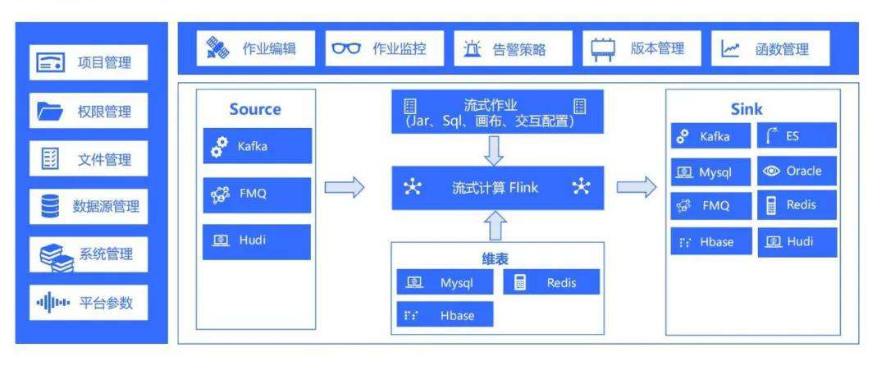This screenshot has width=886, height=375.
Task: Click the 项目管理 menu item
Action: pyautogui.click(x=89, y=63)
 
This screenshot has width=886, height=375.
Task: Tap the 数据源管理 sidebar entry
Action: pyautogui.click(x=89, y=206)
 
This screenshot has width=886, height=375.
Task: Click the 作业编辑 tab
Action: pyautogui.click(x=250, y=48)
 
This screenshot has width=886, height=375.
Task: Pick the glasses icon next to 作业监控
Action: pyautogui.click(x=346, y=49)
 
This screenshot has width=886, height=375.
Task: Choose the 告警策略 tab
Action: pyautogui.click(x=503, y=49)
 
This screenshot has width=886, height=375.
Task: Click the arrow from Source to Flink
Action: pyautogui.click(x=344, y=188)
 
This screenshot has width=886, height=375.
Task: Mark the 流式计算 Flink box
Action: pyautogui.click(x=497, y=188)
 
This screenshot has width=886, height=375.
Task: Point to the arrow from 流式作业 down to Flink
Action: pyautogui.click(x=496, y=150)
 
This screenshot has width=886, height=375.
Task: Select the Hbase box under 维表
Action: pyautogui.click(x=445, y=315)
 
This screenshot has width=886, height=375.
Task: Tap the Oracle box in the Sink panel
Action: pyautogui.click(x=797, y=171)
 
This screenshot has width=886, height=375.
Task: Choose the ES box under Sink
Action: pyautogui.click(x=797, y=136)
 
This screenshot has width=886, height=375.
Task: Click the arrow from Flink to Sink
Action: pyautogui.click(x=637, y=188)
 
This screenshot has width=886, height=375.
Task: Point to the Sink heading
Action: pyautogui.click(x=747, y=109)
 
